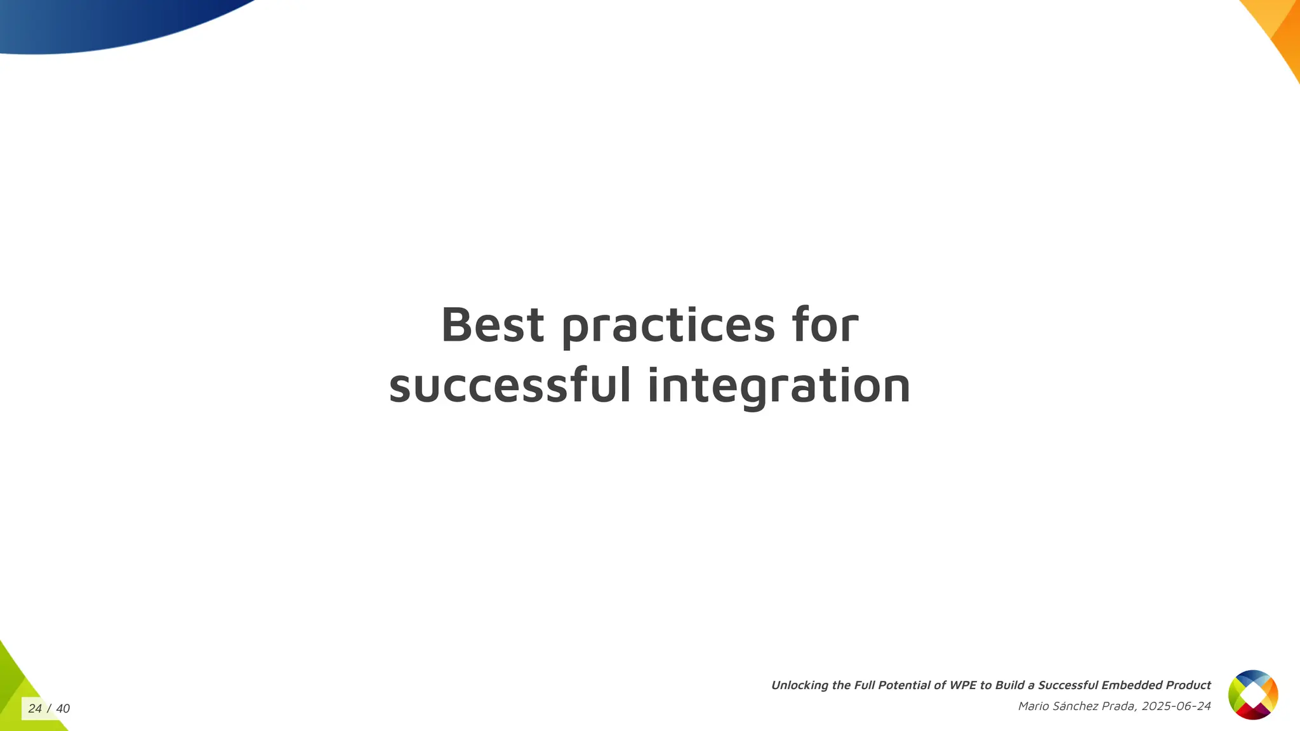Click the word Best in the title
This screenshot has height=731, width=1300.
pos(493,325)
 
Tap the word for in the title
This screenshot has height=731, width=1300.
pos(825,325)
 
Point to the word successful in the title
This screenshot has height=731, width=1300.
pos(510,385)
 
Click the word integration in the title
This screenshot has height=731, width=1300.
pos(779,386)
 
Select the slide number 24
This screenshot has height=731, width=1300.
pos(35,709)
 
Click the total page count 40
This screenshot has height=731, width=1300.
pos(63,709)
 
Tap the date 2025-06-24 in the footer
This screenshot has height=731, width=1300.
pos(1176,706)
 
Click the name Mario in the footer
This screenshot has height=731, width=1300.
pos(1033,706)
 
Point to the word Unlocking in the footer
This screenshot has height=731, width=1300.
pos(799,685)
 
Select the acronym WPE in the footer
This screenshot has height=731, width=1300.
pos(963,685)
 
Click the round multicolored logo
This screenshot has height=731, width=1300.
pos(1253,695)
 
